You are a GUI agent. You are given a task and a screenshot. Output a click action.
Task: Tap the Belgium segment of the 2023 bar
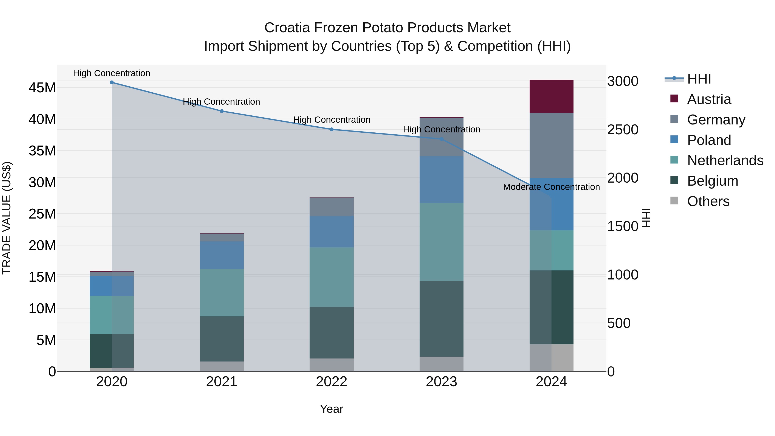coord(441,319)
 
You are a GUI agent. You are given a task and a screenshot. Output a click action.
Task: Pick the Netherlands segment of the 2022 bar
coord(332,277)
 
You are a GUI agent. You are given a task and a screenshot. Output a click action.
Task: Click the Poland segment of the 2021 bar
coord(222,255)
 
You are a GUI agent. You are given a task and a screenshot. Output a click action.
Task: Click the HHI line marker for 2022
coord(332,129)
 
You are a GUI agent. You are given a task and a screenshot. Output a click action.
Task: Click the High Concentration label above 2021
coord(222,102)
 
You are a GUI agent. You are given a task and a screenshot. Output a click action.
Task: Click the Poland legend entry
coord(709,140)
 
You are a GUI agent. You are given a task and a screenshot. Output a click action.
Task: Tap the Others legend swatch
coord(674,201)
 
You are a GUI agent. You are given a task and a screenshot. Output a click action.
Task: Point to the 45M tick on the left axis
coord(42,88)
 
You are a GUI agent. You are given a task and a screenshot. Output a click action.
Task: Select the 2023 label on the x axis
coord(441,382)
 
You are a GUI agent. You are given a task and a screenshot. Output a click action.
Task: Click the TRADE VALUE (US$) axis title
coord(7,218)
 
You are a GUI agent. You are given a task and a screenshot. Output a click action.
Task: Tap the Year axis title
coord(331,409)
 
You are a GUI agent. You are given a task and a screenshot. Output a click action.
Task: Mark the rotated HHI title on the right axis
coord(646,218)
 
